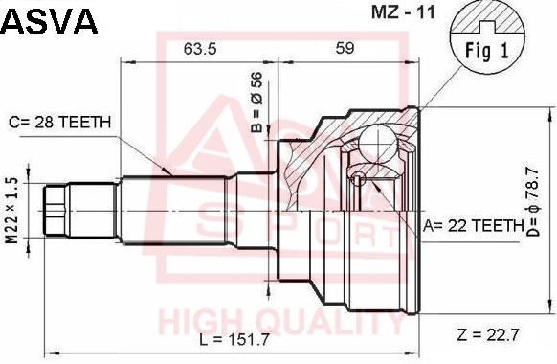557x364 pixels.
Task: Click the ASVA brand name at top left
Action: (50, 21)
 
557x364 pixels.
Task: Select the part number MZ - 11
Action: (403, 12)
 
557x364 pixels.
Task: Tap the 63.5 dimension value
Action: (200, 48)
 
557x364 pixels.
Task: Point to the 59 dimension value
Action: (345, 48)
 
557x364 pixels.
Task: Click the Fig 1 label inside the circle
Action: (487, 51)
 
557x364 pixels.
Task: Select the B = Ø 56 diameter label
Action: (256, 102)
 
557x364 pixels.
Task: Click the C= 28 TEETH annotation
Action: (60, 122)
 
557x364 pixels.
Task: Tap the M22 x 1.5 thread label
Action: (12, 211)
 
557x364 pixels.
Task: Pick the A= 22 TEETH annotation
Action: (473, 225)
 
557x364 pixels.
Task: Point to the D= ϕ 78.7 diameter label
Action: (533, 202)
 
